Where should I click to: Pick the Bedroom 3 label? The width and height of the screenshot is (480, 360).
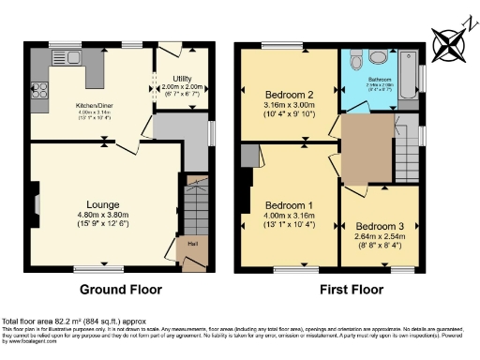[x=377, y=226]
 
